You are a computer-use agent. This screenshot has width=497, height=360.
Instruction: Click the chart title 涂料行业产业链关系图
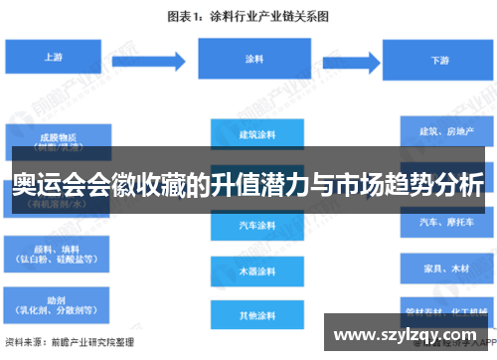[x=248, y=16]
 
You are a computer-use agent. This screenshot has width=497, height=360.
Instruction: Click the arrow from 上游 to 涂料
[x=163, y=58]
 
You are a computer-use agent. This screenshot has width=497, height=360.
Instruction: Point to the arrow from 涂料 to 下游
[x=342, y=59]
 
